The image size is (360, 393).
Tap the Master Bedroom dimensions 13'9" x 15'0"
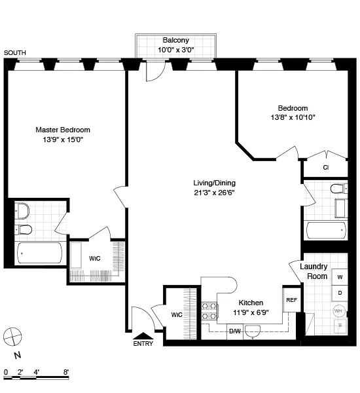tap(63, 140)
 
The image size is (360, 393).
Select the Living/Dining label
tap(214, 183)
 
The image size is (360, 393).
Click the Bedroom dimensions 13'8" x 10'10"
tap(293, 118)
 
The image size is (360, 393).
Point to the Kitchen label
tap(251, 303)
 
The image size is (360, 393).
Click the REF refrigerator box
tap(291, 300)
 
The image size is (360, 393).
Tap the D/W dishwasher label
tap(234, 331)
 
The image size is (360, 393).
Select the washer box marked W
tap(340, 277)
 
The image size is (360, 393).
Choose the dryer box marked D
tap(340, 293)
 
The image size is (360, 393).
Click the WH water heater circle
tap(339, 310)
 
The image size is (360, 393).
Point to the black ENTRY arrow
tap(141, 336)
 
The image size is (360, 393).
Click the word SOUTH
tap(14, 52)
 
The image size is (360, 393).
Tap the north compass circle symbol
tap(12, 337)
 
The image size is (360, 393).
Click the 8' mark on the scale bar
tap(66, 371)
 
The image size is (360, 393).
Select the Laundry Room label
tap(314, 271)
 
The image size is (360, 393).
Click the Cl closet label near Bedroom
tap(325, 167)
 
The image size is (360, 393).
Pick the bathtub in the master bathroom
tap(40, 252)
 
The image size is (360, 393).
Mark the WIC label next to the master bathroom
tap(95, 258)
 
